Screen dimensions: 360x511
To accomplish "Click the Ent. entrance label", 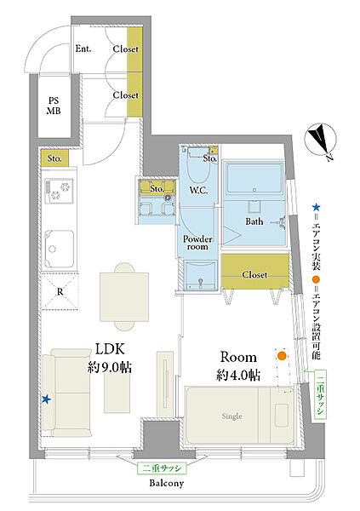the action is (83, 49).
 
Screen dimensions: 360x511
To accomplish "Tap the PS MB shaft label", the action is (54, 106).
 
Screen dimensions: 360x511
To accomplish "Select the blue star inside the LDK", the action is (46, 399).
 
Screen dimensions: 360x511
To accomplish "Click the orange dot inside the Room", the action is (282, 355).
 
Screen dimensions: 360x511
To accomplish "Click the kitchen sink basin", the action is (59, 249).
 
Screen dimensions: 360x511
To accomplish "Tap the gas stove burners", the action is (59, 191).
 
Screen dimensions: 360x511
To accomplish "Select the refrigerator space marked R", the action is (60, 291).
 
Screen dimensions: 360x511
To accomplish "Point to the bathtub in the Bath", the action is (254, 179).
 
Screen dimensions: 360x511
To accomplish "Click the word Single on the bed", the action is (232, 416).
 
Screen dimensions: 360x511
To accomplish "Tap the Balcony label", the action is (167, 483).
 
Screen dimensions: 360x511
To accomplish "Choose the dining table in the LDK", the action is (124, 297).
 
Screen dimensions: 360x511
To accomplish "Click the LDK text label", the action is (110, 349).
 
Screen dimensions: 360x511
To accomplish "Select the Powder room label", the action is (197, 243).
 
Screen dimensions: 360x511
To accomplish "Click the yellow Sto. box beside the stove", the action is (54, 158).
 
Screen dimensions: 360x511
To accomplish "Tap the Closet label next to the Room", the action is (254, 275).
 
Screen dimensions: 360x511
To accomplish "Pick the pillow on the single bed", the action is (281, 416).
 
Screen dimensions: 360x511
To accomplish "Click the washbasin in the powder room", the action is (199, 275).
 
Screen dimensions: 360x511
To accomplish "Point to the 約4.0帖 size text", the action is (238, 376).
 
